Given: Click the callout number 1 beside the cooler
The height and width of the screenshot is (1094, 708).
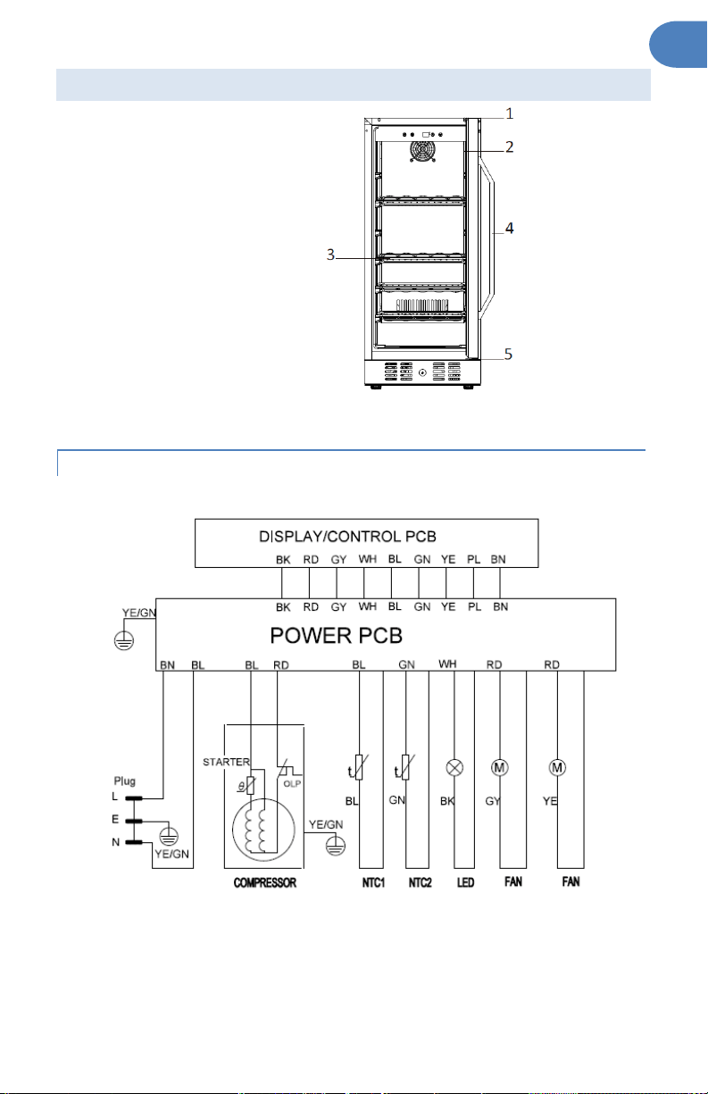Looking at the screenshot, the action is [509, 113].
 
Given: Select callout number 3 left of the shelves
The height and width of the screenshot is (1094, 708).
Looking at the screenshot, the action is [330, 255].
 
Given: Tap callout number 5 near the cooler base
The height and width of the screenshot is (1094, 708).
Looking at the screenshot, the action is [508, 354].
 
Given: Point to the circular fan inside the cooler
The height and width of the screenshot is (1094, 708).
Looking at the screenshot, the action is [422, 152].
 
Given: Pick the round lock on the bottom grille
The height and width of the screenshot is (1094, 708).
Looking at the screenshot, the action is [422, 372].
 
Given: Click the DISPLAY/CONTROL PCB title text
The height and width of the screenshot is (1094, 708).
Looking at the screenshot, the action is [347, 536].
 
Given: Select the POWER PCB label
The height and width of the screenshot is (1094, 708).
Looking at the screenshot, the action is [336, 635].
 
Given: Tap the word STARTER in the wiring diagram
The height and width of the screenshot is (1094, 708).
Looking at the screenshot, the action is [226, 762].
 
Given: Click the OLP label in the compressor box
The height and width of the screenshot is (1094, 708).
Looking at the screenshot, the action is [292, 783].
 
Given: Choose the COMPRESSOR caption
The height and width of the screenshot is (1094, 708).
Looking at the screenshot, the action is [264, 882].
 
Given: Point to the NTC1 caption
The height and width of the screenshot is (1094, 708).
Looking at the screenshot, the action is [373, 882].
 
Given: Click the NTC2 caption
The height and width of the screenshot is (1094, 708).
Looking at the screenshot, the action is [420, 882].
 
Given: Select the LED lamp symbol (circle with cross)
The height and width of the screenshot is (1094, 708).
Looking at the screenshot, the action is [454, 768].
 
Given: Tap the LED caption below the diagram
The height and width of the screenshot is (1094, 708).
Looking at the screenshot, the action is [465, 882].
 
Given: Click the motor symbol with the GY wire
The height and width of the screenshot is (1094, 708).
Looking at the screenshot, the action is [499, 768].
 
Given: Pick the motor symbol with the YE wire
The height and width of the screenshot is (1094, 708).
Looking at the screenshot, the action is [557, 768].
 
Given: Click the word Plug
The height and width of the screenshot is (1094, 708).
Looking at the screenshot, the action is [124, 781].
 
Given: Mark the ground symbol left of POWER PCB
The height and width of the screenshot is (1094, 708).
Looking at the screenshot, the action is [123, 639].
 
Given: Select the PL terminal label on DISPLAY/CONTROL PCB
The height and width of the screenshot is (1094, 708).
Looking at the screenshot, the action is [473, 559].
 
